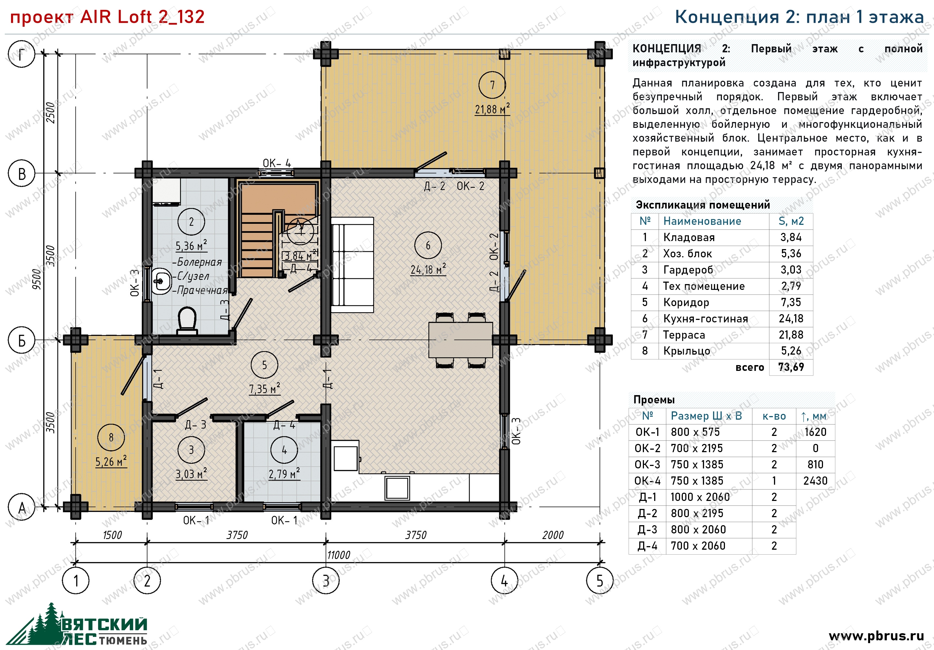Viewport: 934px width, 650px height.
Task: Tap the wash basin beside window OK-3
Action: coord(161,281)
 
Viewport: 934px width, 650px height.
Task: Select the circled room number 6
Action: coord(428,246)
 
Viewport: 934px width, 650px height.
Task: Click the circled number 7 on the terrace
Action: coord(492,85)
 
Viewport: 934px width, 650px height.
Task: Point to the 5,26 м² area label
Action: coord(111,462)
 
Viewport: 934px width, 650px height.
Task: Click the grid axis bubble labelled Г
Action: coord(21,54)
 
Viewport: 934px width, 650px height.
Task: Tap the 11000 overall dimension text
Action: coord(339,555)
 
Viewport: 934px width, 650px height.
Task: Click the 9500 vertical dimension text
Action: coord(37,279)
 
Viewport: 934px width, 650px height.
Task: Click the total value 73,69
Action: coord(791,367)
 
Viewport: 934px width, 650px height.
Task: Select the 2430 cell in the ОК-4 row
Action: coord(815,481)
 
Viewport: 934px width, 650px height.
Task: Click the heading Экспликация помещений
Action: coord(703,205)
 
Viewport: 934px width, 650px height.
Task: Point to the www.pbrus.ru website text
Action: coord(876,635)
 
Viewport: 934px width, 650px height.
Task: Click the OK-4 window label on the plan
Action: coord(277,163)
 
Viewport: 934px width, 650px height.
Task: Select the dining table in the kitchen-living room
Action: coord(461,340)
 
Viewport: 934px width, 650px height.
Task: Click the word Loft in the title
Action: coord(135,17)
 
